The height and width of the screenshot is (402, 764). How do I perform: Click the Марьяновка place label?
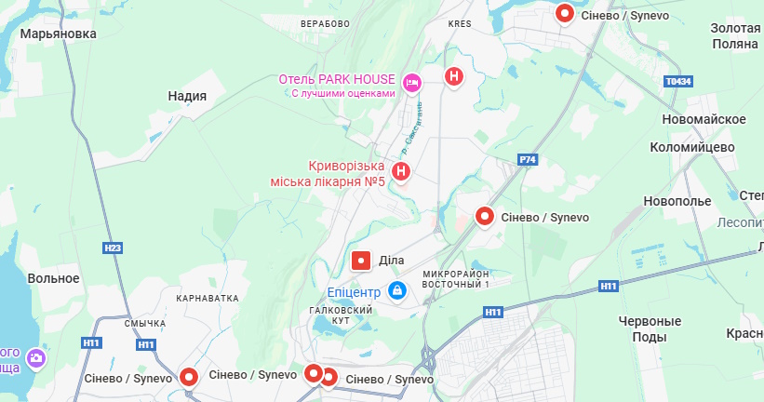(59, 33)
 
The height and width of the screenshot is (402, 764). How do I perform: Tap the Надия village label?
(187, 96)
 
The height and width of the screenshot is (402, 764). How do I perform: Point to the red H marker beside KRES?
(453, 76)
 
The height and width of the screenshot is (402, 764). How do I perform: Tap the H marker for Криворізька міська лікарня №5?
(401, 171)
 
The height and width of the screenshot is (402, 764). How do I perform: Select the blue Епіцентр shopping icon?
(397, 291)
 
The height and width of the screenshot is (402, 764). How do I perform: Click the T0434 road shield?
(678, 82)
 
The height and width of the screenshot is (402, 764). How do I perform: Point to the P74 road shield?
(528, 160)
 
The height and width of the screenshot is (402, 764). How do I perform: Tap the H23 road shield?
(114, 248)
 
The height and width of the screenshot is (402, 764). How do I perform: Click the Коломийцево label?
(692, 147)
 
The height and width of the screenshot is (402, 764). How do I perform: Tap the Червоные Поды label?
(650, 328)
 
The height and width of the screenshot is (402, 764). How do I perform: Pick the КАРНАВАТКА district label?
(207, 298)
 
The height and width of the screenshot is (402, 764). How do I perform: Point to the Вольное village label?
(53, 278)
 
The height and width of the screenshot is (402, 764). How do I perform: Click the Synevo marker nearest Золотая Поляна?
(565, 13)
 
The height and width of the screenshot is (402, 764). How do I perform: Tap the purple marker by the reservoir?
(36, 357)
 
